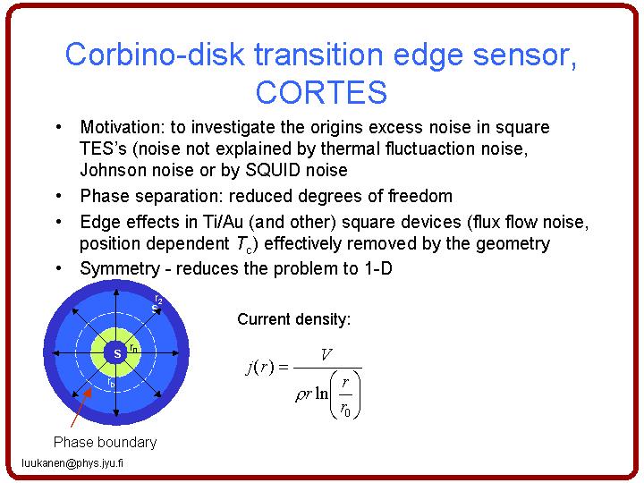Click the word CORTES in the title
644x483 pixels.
click(321, 92)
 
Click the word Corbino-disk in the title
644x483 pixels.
click(156, 55)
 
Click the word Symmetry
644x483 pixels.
click(120, 269)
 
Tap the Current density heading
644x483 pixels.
click(294, 319)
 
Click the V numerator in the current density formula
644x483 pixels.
click(326, 354)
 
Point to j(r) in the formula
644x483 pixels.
click(260, 367)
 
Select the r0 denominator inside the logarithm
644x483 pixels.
click(345, 410)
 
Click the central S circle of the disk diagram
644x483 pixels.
click(117, 353)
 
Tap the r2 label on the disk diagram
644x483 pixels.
click(158, 300)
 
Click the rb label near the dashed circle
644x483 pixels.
click(111, 383)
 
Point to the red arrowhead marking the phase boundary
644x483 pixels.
click(88, 393)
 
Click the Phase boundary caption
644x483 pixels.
click(106, 443)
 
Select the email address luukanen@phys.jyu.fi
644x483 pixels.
click(72, 463)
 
